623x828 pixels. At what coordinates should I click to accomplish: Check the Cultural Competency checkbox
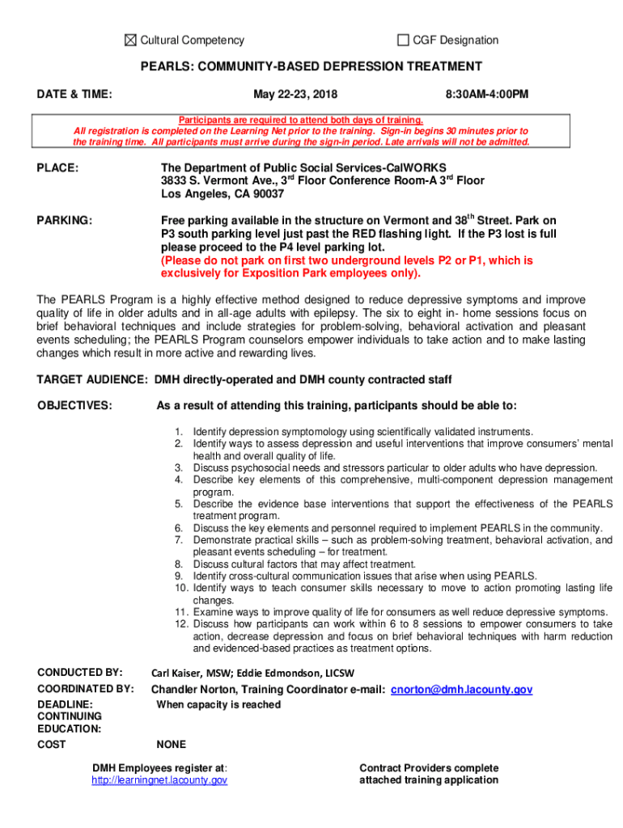click(x=130, y=40)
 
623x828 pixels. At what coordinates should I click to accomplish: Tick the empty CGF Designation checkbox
click(x=403, y=40)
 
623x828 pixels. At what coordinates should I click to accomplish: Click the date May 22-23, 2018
click(x=284, y=95)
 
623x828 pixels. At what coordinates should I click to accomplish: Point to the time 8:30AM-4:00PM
click(x=487, y=95)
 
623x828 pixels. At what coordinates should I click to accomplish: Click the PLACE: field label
click(x=57, y=168)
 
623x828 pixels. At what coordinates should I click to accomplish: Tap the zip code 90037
click(x=267, y=194)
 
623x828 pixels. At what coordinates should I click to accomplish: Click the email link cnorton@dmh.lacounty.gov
click(x=461, y=690)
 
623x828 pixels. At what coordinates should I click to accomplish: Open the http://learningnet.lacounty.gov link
click(x=159, y=780)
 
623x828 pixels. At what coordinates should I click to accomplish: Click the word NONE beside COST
click(x=172, y=745)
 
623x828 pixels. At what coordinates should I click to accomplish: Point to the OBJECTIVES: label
click(x=74, y=405)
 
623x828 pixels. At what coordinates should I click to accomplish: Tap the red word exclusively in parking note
click(x=191, y=273)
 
